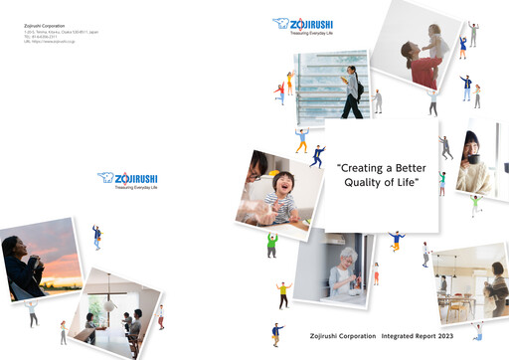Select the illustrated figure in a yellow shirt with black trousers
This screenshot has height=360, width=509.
282,294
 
